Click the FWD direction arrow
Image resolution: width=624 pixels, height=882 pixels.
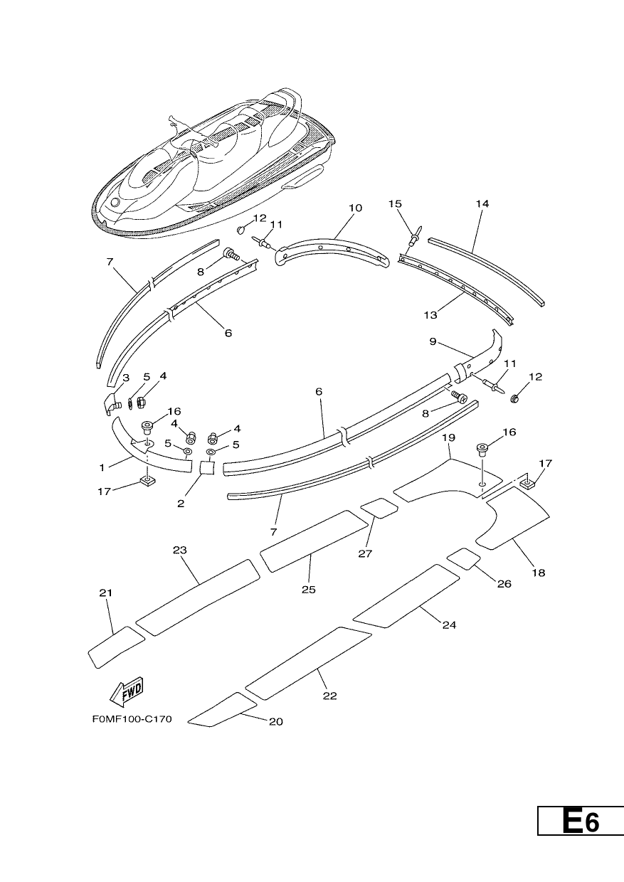127,693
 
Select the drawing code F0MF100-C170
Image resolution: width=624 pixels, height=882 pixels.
132,719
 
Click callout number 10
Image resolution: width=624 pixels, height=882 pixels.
355,208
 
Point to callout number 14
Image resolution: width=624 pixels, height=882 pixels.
482,203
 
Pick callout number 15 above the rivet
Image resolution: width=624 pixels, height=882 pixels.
395,203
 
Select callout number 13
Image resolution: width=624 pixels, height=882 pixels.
430,315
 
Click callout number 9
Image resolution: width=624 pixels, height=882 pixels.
433,341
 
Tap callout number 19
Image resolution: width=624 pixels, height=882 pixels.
449,437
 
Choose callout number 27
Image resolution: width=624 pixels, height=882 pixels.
365,553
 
